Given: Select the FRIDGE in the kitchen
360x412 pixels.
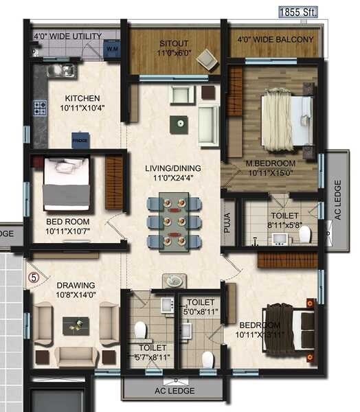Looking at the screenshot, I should coord(80,139).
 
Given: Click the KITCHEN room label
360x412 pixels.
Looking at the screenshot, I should coord(82,98).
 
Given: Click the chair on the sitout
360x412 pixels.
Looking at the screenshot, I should coord(205,60).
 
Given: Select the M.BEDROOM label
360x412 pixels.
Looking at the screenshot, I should coord(271,163).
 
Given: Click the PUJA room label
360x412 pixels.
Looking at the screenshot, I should coord(229,225).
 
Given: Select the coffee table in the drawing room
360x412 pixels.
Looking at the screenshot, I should coord(76,325).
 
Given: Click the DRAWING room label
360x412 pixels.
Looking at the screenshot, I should coord(76,285).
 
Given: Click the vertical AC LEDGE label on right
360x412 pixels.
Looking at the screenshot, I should coord(337,201).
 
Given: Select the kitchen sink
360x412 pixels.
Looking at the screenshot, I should coord(60,70).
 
